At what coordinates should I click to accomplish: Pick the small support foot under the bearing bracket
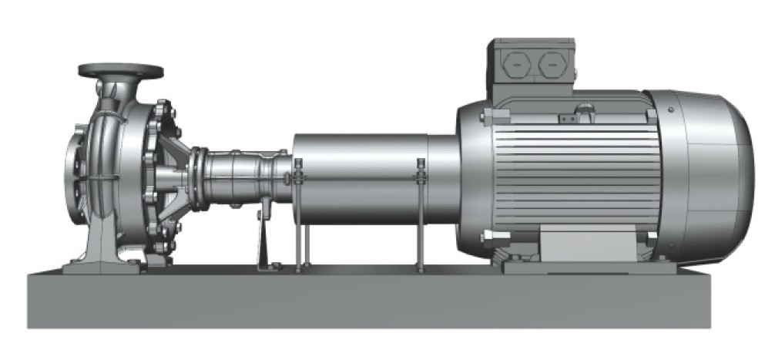tap(263, 239)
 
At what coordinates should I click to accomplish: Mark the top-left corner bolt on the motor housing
tap(483, 117)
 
